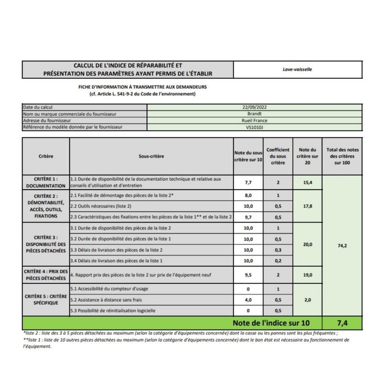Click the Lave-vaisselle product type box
[x=297, y=69]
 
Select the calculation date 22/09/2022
[x=254, y=107]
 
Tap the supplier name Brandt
[x=254, y=114]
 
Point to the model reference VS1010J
[x=254, y=127]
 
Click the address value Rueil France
[x=254, y=121]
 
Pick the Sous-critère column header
[x=151, y=156]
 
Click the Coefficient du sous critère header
[x=278, y=156]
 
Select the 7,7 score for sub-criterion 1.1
[x=248, y=182]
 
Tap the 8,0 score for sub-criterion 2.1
[x=248, y=195]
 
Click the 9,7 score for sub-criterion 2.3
[x=248, y=217]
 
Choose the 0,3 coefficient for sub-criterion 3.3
[x=278, y=250]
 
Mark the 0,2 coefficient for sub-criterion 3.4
[x=278, y=261]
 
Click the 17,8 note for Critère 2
[x=307, y=206]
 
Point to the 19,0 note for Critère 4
[x=307, y=275]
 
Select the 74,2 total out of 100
[x=342, y=246]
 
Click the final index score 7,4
[x=342, y=323]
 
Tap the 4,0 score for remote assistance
[x=248, y=300]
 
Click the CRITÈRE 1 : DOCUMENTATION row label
[x=46, y=182]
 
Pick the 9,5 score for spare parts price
[x=248, y=275]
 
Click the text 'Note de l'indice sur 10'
[x=271, y=323]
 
